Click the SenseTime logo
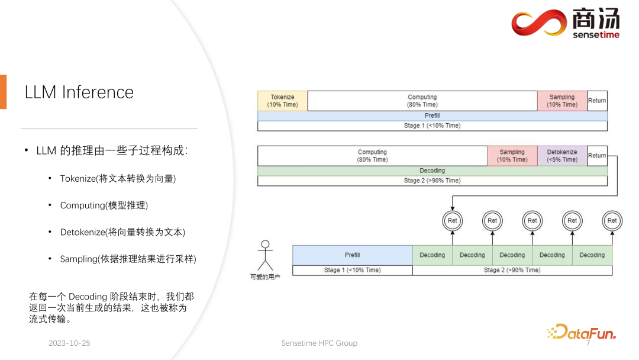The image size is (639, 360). click(x=565, y=24)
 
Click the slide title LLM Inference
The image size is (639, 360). click(x=79, y=92)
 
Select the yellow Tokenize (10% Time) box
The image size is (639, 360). click(x=282, y=101)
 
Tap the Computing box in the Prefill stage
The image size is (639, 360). click(x=422, y=101)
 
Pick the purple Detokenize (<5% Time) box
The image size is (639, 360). click(x=561, y=156)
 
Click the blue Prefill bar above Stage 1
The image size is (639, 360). click(x=432, y=116)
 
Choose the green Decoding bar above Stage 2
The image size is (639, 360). click(x=432, y=171)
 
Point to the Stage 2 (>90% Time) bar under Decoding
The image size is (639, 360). click(x=432, y=181)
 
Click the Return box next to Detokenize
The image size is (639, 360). click(x=597, y=156)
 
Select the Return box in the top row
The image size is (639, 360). click(x=597, y=101)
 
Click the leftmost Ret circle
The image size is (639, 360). click(x=452, y=221)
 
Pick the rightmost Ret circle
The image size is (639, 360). click(x=612, y=221)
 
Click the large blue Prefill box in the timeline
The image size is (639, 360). click(x=352, y=255)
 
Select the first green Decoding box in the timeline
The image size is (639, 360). click(x=432, y=255)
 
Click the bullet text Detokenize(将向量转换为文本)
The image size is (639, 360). click(x=127, y=232)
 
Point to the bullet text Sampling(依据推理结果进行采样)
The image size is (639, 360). click(x=128, y=259)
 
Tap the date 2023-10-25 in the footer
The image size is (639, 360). click(x=69, y=343)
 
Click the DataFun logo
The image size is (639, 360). click(x=582, y=332)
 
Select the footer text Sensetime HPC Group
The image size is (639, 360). click(x=319, y=343)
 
